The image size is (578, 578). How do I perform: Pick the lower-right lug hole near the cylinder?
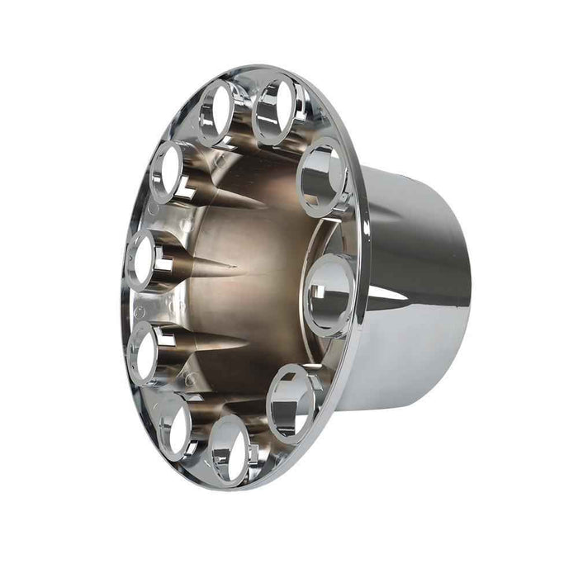[x=291, y=402]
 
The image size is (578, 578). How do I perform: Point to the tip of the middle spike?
[x=239, y=268]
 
